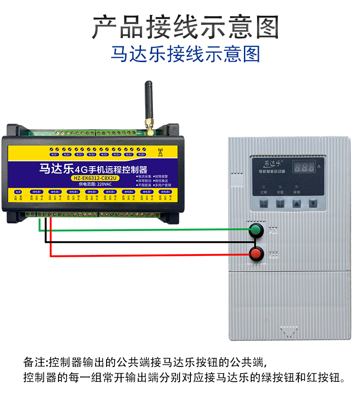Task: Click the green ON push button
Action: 257,230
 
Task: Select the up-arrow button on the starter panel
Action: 296,204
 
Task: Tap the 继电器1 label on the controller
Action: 37,192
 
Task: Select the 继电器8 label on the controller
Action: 165,192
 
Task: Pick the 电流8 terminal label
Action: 141,154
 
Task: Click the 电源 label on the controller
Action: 18,192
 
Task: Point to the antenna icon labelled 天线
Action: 160,153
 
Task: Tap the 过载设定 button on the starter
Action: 264,204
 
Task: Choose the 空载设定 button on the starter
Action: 280,204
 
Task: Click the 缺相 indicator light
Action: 296,187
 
